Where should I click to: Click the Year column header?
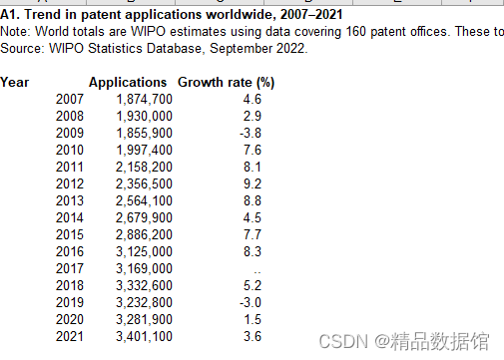point(15,82)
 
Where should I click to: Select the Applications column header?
point(128,82)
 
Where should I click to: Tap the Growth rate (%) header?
point(226,82)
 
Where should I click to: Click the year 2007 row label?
point(70,99)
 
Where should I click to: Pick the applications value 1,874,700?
point(145,99)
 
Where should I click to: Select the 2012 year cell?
point(70,183)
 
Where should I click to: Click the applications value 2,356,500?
point(145,183)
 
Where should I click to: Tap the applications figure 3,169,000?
point(145,268)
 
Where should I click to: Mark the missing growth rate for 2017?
point(257,270)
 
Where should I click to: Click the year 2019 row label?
point(70,302)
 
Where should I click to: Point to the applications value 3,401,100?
point(145,336)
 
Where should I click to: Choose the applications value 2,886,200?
point(145,234)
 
